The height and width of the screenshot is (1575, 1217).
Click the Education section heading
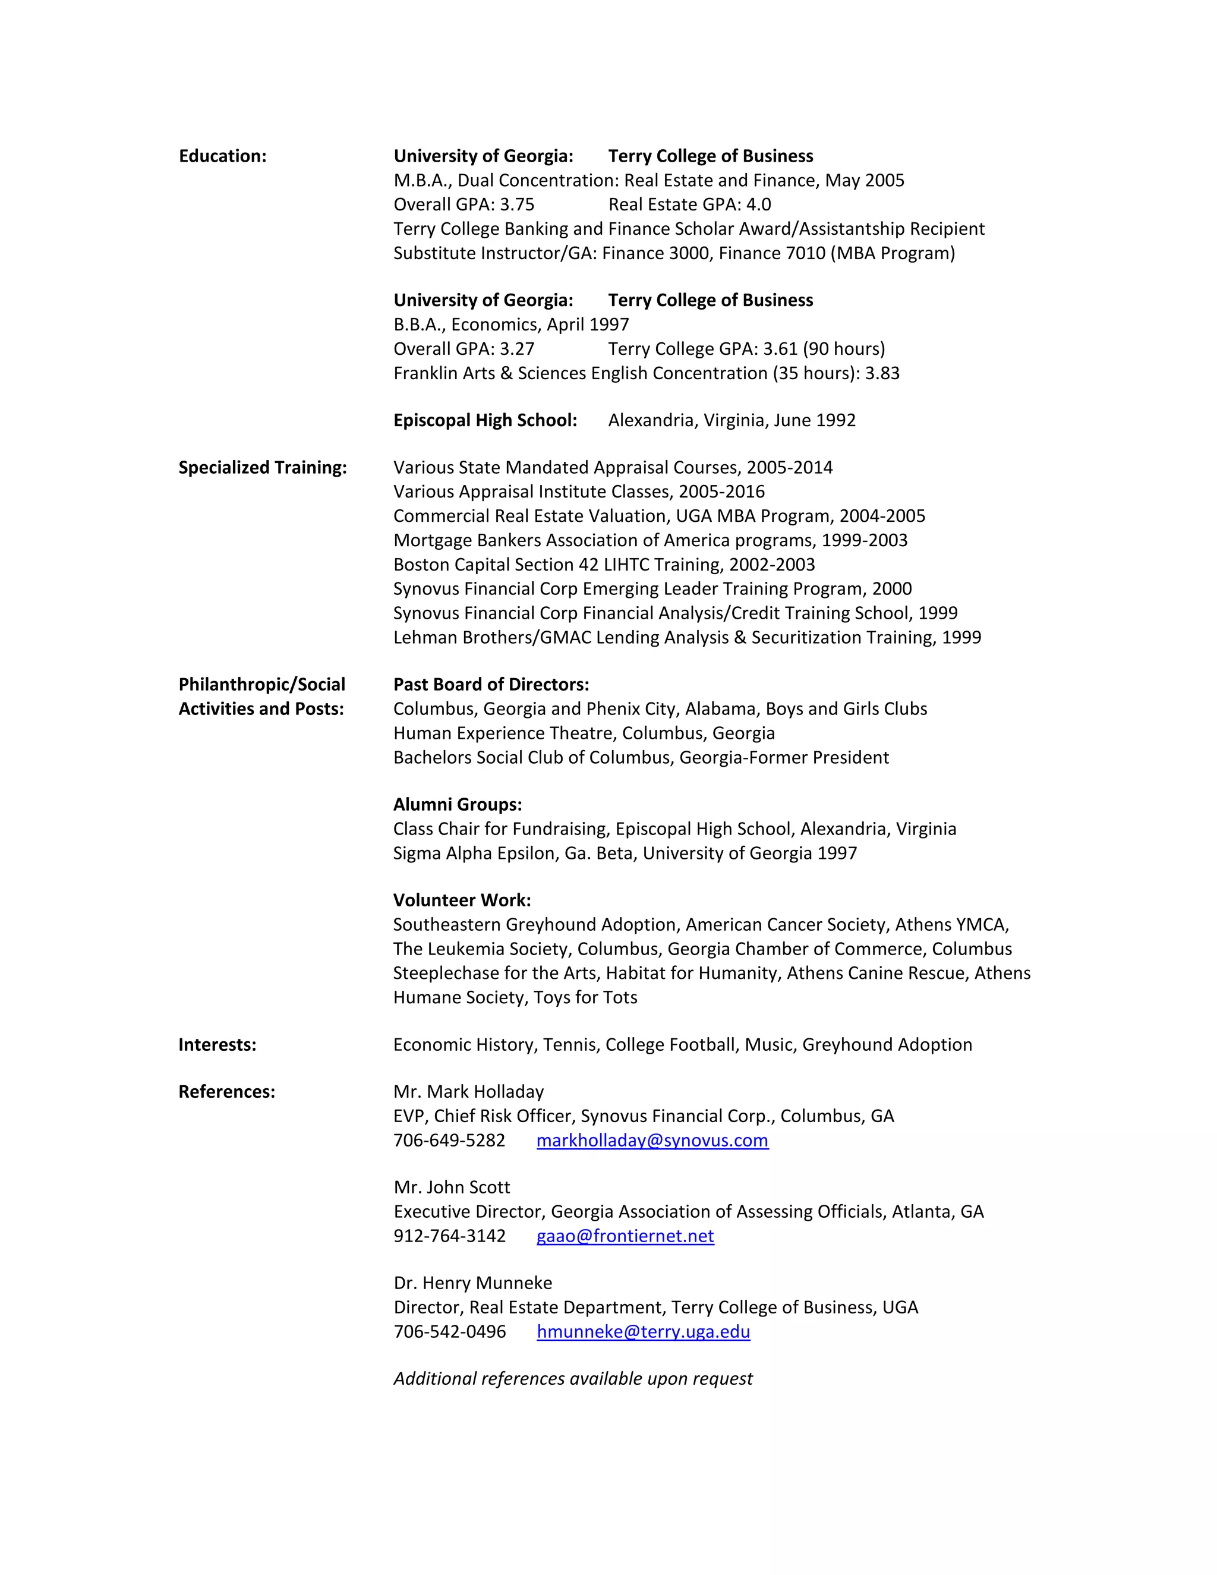pos(222,156)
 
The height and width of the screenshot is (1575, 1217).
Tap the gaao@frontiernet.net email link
pos(625,1236)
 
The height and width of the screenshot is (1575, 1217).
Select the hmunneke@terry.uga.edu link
pos(643,1332)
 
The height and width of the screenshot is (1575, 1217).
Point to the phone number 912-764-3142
pos(449,1236)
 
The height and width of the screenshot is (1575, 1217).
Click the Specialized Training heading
pos(263,468)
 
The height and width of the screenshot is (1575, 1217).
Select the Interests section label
pos(217,1045)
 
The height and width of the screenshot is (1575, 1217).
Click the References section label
pos(226,1092)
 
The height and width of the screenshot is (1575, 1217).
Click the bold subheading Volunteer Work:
pos(461,900)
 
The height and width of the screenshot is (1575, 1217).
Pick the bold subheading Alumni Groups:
pos(457,805)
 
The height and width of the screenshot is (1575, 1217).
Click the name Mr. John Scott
pos(452,1187)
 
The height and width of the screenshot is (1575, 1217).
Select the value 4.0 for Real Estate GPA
pos(758,205)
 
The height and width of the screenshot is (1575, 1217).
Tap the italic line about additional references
pos(572,1379)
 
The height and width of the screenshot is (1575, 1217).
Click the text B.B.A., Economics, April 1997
pos(510,325)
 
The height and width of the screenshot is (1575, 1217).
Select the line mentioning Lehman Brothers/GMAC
pos(686,638)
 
